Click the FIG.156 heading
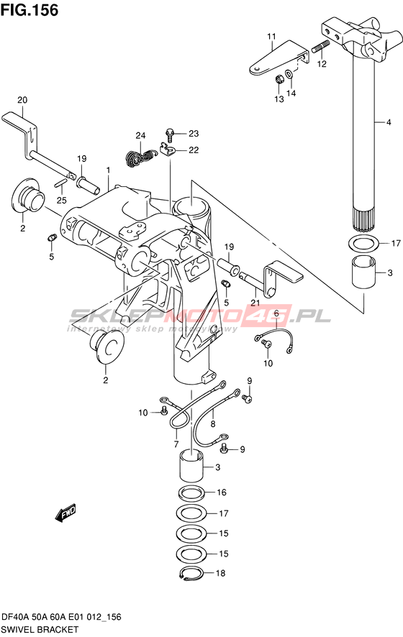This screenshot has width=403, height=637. (30, 10)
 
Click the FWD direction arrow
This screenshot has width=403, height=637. (65, 513)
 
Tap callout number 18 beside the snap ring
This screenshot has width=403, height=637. (220, 573)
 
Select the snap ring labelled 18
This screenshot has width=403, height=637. (191, 573)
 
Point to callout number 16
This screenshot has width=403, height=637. (221, 492)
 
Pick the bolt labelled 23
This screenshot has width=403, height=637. (171, 133)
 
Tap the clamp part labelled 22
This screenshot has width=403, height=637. (167, 150)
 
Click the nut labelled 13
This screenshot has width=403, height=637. (279, 78)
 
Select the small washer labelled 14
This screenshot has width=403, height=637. (288, 73)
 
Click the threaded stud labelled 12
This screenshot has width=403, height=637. (320, 47)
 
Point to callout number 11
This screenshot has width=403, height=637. (271, 37)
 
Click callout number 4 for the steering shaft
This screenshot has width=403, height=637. (389, 122)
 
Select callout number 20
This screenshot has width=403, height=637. (22, 100)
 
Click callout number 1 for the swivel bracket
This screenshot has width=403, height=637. (108, 169)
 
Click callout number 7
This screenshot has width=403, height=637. (176, 444)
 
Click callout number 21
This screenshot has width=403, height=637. (255, 303)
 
